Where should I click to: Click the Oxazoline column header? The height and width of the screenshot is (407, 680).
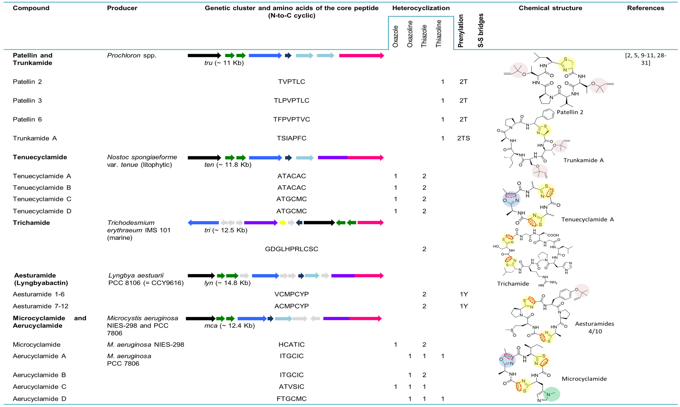pos(410,34)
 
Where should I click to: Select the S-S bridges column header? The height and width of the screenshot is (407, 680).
pos(480,30)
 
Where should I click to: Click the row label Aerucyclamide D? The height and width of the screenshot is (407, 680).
pos(40,399)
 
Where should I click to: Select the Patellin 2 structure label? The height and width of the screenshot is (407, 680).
pos(570,112)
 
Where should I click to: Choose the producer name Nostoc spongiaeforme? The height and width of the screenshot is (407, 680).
pos(142,157)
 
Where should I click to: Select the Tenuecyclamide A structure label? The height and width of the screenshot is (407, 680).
pos(587,219)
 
